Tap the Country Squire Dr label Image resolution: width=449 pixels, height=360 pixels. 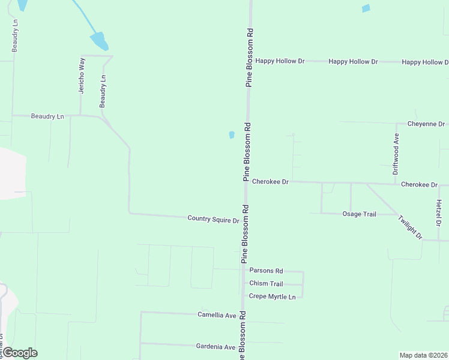213,220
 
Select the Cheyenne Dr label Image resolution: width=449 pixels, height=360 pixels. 426,124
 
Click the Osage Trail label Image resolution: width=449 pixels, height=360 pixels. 359,214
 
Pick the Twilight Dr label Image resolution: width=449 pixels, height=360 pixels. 409,227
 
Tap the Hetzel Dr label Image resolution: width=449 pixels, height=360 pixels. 439,213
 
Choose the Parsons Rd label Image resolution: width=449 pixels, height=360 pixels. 266,271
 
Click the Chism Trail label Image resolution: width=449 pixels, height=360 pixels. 266,284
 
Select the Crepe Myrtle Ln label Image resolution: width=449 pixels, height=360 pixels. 273,297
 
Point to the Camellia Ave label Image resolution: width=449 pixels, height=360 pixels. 217,315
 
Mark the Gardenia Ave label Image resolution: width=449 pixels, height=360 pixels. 216,347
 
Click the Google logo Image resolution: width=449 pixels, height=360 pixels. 20,353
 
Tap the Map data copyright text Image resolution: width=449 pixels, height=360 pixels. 423,355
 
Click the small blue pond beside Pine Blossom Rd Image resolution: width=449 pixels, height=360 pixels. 232,135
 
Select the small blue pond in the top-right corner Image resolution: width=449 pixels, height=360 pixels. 366,8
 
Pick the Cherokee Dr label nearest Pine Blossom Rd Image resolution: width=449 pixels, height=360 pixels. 270,181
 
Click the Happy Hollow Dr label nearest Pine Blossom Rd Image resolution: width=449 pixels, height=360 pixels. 280,61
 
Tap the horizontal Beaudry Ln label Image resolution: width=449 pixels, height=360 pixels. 47,116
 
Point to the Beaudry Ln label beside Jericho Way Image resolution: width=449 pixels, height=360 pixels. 103,92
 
